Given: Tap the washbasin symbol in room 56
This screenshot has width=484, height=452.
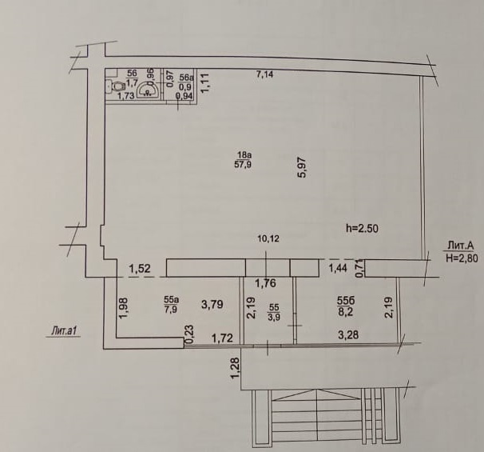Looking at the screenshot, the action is pyautogui.click(x=148, y=90).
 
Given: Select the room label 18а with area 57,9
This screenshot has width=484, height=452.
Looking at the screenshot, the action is pyautogui.click(x=243, y=159).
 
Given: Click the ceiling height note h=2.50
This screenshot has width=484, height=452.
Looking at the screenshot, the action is pyautogui.click(x=362, y=229).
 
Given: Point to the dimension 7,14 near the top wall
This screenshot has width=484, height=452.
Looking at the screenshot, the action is pyautogui.click(x=265, y=74).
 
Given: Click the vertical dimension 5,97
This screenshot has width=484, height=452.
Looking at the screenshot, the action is pyautogui.click(x=302, y=167).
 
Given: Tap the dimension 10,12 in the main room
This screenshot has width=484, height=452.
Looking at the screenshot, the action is pyautogui.click(x=268, y=238).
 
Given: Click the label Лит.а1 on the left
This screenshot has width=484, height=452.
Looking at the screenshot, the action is pyautogui.click(x=63, y=331).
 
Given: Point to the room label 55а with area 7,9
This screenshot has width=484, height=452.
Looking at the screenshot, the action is pyautogui.click(x=171, y=305).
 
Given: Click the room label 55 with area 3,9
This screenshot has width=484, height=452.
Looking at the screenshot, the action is pyautogui.click(x=274, y=312).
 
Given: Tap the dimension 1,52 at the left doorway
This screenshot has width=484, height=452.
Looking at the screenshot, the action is pyautogui.click(x=140, y=269).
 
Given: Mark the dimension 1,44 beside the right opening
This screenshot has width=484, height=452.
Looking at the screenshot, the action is pyautogui.click(x=338, y=268).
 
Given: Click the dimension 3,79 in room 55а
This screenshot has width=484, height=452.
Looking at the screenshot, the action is pyautogui.click(x=212, y=305).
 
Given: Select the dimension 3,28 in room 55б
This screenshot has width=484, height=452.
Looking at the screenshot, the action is pyautogui.click(x=348, y=334).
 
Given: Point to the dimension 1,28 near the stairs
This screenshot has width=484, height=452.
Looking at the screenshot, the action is pyautogui.click(x=236, y=367).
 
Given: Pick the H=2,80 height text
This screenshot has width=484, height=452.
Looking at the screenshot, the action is pyautogui.click(x=462, y=258).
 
